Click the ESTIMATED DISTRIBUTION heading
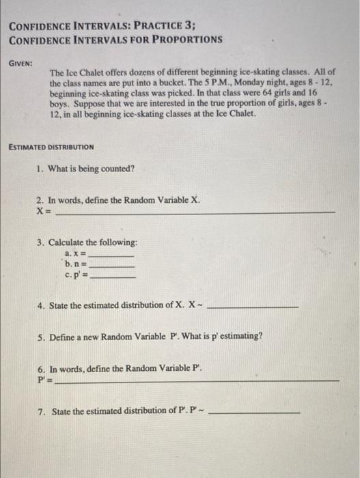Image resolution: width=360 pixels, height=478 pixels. pyautogui.click(x=51, y=147)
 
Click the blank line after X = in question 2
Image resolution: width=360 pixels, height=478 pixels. pyautogui.click(x=195, y=212)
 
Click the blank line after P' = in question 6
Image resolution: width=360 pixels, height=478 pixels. pyautogui.click(x=197, y=379)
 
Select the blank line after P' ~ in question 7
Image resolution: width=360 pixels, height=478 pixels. pyautogui.click(x=258, y=412)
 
